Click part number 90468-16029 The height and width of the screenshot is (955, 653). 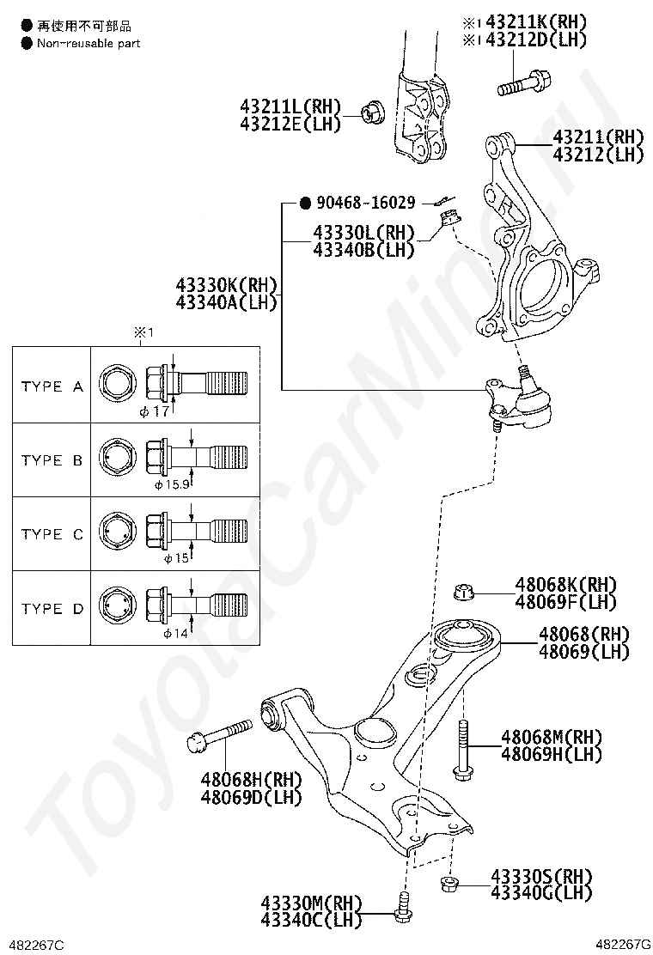pos(366,204)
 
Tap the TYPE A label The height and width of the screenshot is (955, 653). pos(52,386)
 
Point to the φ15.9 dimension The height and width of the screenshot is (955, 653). pos(171,484)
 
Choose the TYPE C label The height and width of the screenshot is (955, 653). pos(52,534)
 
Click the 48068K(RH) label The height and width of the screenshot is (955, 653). pos(565,585)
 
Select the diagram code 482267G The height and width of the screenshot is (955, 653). pos(623,945)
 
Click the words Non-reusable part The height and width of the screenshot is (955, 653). pos(88,43)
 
